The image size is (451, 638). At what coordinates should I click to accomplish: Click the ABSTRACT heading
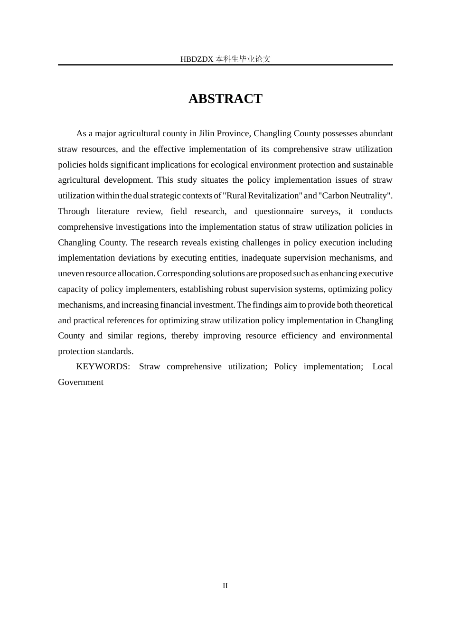pyautogui.click(x=225, y=99)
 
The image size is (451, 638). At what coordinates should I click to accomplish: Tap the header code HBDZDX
pyautogui.click(x=197, y=59)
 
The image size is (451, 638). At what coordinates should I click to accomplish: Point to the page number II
pyautogui.click(x=225, y=586)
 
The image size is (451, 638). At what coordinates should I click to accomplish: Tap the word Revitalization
pyautogui.click(x=271, y=196)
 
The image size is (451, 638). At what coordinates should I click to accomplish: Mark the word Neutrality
pyautogui.click(x=370, y=196)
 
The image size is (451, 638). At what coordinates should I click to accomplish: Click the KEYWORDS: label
pyautogui.click(x=103, y=366)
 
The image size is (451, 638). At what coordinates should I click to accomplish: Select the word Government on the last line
pyautogui.click(x=81, y=382)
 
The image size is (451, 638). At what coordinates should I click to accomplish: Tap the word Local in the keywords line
pyautogui.click(x=382, y=366)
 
